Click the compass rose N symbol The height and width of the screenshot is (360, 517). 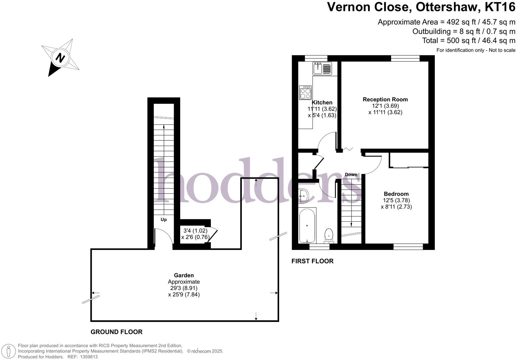[x=60, y=58]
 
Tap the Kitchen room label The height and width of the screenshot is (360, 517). [x=322, y=102]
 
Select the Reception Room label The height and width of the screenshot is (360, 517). [x=385, y=99]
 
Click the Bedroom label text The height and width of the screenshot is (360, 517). [x=396, y=194]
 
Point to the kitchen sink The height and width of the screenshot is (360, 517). [x=322, y=68]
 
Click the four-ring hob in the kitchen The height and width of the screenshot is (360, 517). [x=305, y=93]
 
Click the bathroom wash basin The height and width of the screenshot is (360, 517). [x=303, y=196]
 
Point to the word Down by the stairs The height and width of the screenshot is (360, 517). [x=351, y=175]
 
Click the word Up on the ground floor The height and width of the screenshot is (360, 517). [x=164, y=220]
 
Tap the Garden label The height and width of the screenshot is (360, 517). [x=184, y=275]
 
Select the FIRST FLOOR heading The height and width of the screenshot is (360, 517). [x=312, y=261]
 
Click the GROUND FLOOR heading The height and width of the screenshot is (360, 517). [x=116, y=332]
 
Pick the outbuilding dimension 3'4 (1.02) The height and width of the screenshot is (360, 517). [x=195, y=231]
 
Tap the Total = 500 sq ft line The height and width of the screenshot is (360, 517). [x=468, y=41]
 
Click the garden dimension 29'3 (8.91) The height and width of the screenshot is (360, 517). [x=184, y=288]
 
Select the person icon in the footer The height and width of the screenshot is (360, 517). [x=9, y=351]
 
